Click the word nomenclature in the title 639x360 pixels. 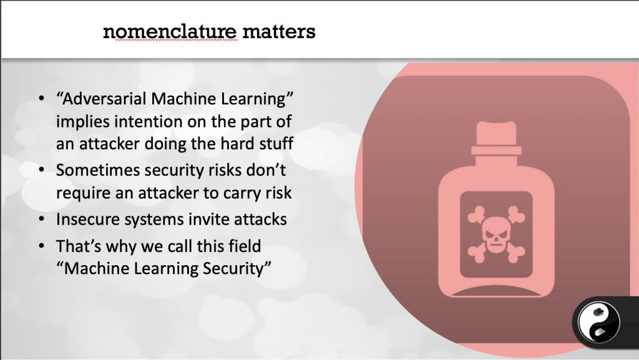170,32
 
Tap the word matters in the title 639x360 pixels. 279,32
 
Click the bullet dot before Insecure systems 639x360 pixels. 41,220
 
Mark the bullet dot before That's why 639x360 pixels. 41,246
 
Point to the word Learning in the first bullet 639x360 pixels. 257,99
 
